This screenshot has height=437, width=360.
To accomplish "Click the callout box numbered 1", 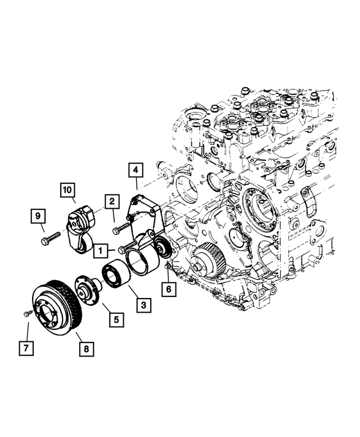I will point(101,249).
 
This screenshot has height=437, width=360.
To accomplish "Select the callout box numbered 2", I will point(111,201).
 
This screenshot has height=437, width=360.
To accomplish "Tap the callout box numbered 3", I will point(143,305).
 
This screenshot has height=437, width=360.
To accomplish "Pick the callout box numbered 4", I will point(135,169).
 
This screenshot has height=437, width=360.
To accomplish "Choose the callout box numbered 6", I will point(168,290).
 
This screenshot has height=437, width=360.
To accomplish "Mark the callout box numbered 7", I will point(25,348).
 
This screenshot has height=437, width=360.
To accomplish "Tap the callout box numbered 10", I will point(68,192).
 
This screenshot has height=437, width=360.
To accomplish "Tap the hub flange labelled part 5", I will point(87,290).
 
